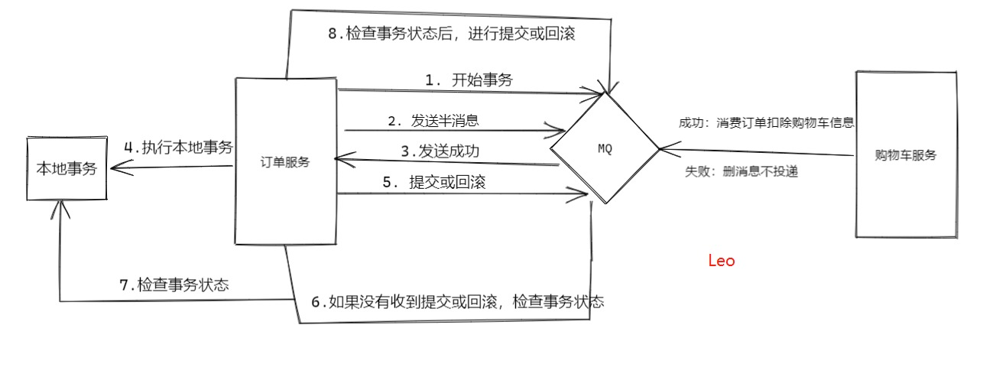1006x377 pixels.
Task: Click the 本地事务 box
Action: click(x=67, y=169)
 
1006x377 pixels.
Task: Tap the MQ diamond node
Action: click(x=604, y=148)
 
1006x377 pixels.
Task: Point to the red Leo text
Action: click(x=722, y=261)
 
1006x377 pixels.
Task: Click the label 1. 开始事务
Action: click(x=469, y=80)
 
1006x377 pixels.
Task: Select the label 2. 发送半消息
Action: click(x=434, y=121)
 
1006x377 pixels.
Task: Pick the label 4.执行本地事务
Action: click(x=179, y=148)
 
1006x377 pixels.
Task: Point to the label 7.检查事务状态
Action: click(x=174, y=285)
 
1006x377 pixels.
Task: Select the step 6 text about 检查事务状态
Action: click(x=457, y=301)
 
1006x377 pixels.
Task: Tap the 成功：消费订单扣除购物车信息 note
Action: click(x=765, y=122)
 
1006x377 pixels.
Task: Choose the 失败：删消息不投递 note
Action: click(x=742, y=172)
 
